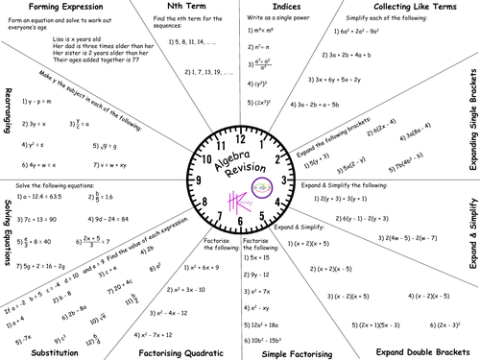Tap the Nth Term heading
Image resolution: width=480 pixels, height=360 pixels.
click(x=176, y=9)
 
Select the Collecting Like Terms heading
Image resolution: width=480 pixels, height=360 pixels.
click(x=403, y=9)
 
